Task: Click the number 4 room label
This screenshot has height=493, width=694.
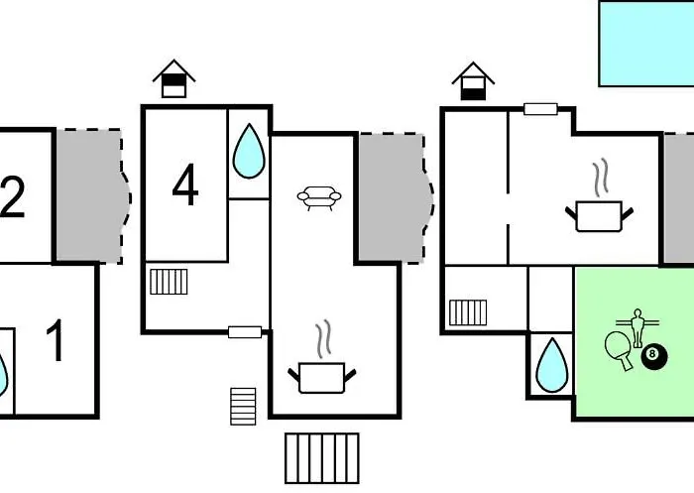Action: point(185,185)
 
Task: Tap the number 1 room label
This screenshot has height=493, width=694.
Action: point(57,342)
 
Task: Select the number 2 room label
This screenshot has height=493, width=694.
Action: point(12,196)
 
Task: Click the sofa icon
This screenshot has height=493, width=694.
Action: point(319,198)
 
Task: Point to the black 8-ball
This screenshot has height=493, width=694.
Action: point(653,355)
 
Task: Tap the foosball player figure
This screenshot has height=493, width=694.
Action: point(637,324)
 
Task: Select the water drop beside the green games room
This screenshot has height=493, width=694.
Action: point(550,365)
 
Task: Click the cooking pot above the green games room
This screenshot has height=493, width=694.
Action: point(599,212)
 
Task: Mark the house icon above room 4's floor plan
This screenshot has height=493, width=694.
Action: point(173,78)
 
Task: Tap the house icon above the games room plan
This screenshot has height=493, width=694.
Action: point(473,80)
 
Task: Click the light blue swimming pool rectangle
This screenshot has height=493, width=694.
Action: point(645,42)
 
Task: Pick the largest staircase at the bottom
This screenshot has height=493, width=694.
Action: point(321,457)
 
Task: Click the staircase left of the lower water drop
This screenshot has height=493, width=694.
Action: point(468,312)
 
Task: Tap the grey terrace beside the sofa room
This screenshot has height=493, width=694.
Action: point(392,197)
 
